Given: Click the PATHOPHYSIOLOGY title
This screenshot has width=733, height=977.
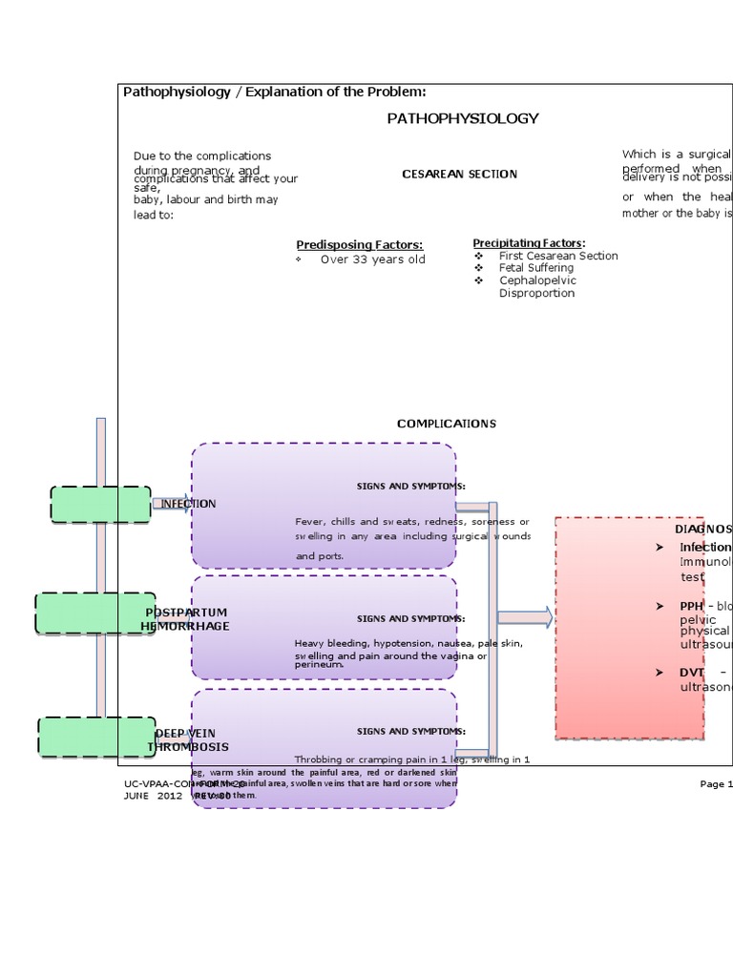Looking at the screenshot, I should click(462, 118).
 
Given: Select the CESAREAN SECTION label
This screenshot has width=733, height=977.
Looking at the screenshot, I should click(459, 174).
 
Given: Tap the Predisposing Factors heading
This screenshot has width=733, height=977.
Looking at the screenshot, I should click(359, 245).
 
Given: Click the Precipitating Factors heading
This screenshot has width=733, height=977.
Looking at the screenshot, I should click(529, 242).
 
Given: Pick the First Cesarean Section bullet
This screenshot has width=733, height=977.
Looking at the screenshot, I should click(557, 256).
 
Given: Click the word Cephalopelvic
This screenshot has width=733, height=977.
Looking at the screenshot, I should click(537, 281).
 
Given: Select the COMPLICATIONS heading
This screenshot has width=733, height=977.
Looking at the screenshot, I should click(446, 424).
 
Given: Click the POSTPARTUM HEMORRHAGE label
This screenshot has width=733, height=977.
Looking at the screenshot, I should click(186, 618).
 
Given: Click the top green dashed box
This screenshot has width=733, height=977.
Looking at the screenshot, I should click(100, 504).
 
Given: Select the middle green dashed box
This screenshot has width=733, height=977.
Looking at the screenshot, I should click(94, 613).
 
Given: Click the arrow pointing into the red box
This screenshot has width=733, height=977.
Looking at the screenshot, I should click(524, 618).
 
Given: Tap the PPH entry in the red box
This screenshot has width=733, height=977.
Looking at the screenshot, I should click(691, 606).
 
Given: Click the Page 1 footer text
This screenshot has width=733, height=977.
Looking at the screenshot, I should click(715, 784).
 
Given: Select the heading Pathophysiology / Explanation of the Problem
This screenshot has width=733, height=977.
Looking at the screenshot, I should click(274, 91).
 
